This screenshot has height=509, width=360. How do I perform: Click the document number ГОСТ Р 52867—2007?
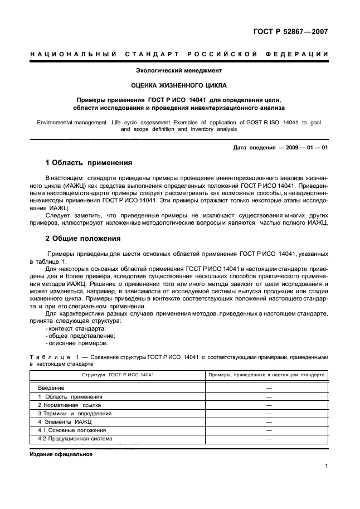coord(292,31)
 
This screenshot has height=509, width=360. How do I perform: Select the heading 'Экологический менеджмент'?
coord(179,71)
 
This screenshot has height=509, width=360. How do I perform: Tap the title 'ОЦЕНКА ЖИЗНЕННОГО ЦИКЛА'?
coord(179,86)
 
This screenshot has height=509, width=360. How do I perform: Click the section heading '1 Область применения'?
coord(88,163)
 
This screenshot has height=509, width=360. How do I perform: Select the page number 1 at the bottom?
coord(325,468)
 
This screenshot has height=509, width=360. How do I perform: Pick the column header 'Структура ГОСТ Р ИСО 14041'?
coord(118,375)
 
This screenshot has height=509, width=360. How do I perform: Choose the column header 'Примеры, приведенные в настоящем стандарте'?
coord(266,375)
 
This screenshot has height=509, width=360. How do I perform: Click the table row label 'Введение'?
coord(51,387)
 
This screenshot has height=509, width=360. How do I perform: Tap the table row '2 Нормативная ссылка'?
coord(70,405)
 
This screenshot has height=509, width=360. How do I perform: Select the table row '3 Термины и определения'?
coord(75,413)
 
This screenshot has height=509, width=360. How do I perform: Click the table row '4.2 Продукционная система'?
coord(75,439)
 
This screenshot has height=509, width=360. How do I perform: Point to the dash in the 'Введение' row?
coord(269,387)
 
